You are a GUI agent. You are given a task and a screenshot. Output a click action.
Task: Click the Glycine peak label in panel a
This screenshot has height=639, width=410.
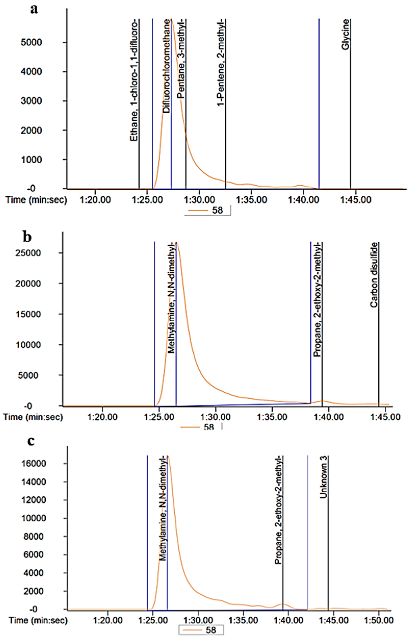coord(346,34)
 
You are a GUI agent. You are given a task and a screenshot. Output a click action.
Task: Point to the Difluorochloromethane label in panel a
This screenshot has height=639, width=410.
coord(166,66)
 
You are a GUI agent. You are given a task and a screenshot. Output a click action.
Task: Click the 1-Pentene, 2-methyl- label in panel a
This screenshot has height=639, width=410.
coord(221,62)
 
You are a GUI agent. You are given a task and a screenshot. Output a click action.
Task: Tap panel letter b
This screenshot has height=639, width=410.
coord(27,237)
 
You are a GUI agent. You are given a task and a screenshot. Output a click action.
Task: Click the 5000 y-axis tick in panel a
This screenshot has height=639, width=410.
coord(31,42)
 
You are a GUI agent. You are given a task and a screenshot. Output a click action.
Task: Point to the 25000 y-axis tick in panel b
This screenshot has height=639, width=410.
coord(28,253)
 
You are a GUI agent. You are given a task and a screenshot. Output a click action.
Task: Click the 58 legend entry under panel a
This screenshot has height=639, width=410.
coord(217,210)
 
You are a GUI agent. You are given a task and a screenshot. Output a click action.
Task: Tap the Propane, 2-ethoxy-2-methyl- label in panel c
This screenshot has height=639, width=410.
coord(279,510)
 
